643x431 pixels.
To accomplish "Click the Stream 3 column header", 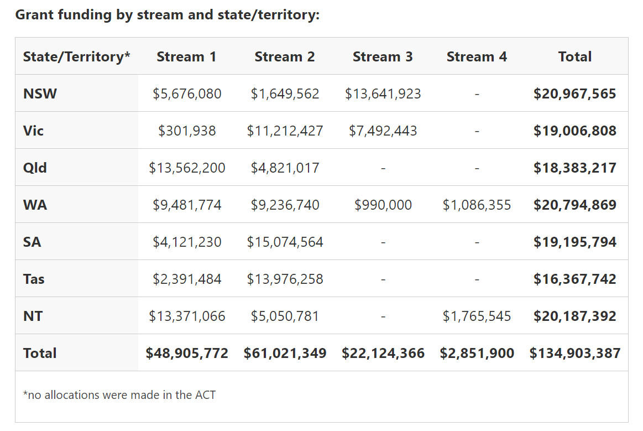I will (383, 56).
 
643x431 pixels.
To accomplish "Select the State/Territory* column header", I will (76, 56).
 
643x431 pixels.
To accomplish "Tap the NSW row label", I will (40, 94).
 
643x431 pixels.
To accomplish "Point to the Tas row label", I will (34, 279).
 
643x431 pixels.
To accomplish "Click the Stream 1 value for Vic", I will (187, 131).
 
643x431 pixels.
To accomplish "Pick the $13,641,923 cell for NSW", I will (383, 94).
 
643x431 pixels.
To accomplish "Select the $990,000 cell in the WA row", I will (383, 205).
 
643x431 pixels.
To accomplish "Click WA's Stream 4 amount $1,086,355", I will (477, 205).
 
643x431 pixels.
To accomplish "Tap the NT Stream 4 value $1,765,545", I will (477, 316).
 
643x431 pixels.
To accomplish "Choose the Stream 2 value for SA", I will (285, 242).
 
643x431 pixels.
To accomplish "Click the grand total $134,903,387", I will (574, 353).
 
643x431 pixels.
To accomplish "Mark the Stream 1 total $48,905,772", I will (187, 353).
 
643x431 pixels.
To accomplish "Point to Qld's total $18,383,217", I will (574, 168).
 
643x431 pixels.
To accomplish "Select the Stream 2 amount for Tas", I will (285, 279).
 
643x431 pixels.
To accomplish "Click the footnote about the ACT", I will (119, 395).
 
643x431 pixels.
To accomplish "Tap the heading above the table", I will (167, 14).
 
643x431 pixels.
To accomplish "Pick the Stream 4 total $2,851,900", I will (477, 353).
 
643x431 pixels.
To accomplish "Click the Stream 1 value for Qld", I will (187, 168).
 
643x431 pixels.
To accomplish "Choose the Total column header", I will (574, 56).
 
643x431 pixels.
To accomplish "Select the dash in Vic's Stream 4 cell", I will (477, 131).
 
